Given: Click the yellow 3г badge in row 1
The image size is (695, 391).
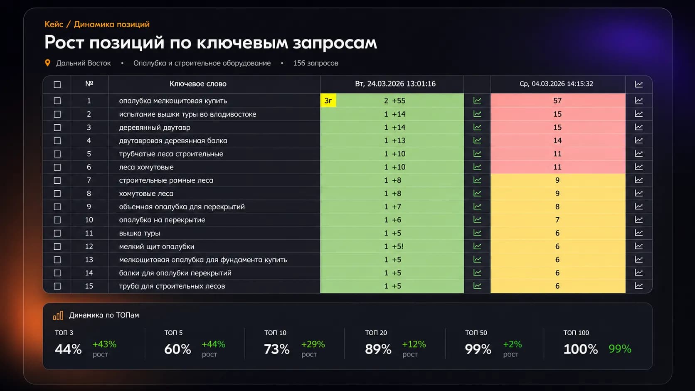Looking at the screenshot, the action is click(x=328, y=101).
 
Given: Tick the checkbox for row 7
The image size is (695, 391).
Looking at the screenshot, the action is click(x=57, y=180).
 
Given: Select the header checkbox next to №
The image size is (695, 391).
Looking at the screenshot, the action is click(x=57, y=84).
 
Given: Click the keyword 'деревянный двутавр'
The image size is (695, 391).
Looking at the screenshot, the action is click(x=155, y=128).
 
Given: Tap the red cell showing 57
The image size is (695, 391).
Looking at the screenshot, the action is click(x=557, y=101).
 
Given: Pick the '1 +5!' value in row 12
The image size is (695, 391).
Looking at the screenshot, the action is click(x=394, y=246).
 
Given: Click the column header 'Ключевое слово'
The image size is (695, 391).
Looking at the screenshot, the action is click(x=198, y=84).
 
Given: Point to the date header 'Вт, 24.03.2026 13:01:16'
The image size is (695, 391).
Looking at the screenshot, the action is click(x=395, y=84).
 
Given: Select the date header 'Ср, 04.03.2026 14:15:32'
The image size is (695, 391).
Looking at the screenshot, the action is click(x=556, y=84).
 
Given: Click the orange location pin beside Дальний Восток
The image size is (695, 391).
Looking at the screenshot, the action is click(x=47, y=63).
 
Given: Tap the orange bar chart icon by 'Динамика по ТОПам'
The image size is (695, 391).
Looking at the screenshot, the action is click(x=58, y=315).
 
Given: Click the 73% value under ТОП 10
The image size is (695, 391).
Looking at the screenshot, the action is click(x=277, y=349).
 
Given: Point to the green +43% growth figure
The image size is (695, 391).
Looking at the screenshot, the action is click(x=104, y=344).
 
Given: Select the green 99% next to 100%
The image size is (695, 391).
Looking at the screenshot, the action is click(x=620, y=349).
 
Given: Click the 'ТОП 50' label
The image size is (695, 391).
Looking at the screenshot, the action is click(x=476, y=333).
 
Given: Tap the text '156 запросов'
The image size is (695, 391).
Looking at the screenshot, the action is click(x=315, y=63).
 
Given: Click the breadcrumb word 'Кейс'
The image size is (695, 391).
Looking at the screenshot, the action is click(x=54, y=24).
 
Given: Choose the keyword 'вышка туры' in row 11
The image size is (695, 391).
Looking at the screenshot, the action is click(x=139, y=233).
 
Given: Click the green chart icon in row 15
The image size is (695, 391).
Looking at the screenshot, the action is click(x=477, y=286).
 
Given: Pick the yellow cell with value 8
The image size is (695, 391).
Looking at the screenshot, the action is click(x=557, y=207).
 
